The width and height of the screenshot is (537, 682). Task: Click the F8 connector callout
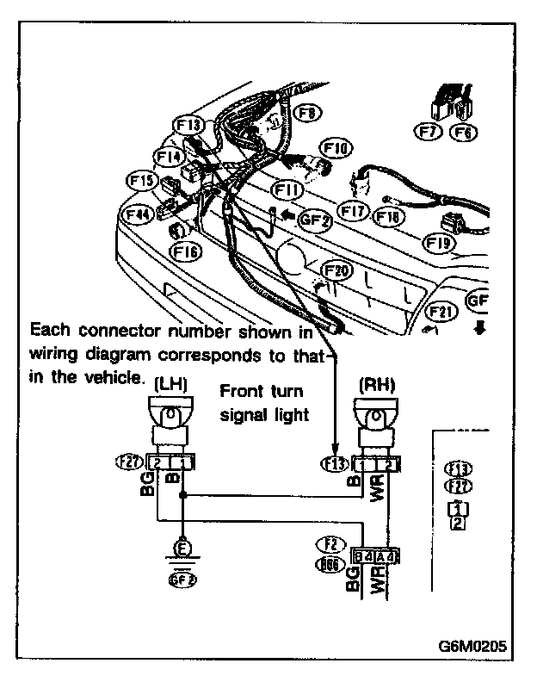coord(307,112)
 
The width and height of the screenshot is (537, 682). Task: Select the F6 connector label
coord(464,132)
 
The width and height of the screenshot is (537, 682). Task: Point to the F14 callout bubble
coord(170,157)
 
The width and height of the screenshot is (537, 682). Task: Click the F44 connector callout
coord(138,213)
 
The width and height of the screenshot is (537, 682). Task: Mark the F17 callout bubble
coord(354,208)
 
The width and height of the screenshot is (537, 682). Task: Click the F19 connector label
coord(439,244)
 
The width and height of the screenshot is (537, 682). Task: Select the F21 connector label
coord(441,311)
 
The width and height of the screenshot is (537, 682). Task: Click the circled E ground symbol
coord(182,546)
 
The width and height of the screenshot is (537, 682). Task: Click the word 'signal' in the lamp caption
coord(246,413)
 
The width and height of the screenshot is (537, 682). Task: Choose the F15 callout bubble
coord(140,181)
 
